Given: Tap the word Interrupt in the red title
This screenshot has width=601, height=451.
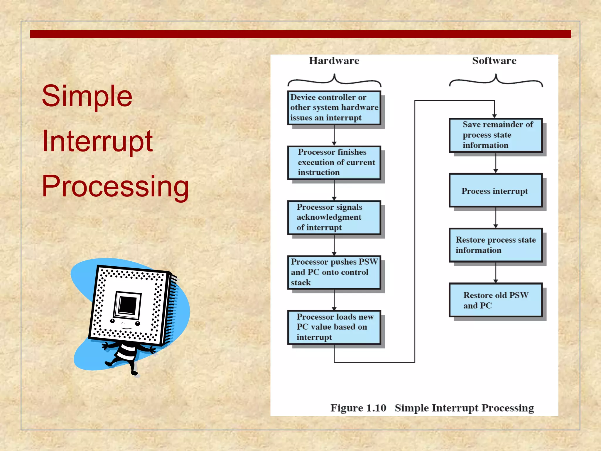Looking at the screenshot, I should (97, 141).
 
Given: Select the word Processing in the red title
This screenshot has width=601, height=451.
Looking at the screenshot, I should (115, 186).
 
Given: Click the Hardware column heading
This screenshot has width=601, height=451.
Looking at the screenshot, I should (334, 61).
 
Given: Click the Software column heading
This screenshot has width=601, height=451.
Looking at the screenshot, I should (494, 61).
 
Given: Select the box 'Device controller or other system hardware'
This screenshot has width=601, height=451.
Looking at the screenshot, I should (334, 107).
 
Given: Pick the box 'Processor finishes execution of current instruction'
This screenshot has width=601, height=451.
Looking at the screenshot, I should (334, 162).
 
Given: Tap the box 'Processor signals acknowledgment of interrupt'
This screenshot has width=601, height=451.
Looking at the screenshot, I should (334, 217).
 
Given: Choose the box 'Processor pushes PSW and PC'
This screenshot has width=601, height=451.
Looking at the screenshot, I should (334, 272).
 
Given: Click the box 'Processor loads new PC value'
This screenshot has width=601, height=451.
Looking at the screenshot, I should (334, 327).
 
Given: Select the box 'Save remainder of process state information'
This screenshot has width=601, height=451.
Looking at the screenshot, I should (495, 135).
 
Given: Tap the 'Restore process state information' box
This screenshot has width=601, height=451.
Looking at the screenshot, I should (495, 245).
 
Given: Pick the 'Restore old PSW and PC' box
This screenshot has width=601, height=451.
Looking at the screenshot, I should (495, 300).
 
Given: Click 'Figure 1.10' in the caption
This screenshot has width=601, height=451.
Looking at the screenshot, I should (358, 408).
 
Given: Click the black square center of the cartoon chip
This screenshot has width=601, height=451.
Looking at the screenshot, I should (127, 305).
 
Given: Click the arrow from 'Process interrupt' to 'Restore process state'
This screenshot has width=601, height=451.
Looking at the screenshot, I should (496, 218).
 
